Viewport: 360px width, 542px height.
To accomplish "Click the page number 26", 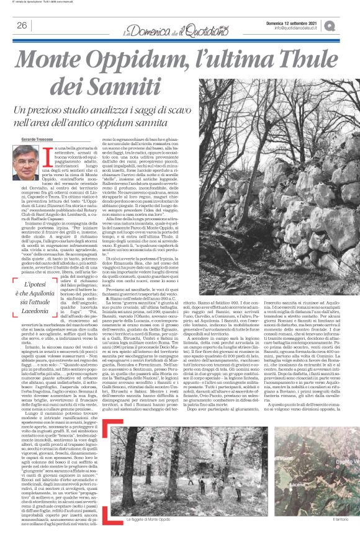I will [22, 25].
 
